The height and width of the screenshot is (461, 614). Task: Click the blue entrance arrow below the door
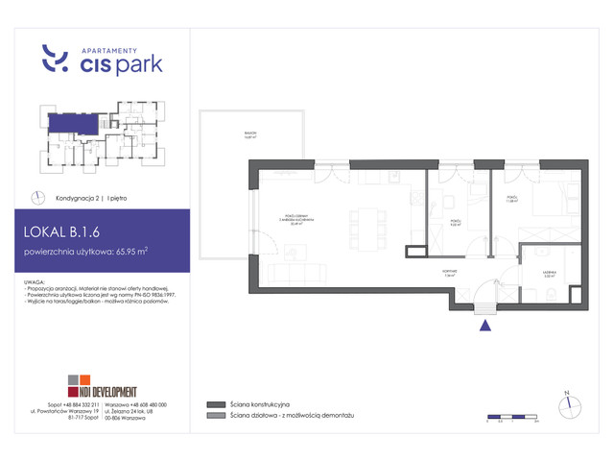point(484,325)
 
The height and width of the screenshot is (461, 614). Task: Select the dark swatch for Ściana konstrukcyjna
point(212,404)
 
